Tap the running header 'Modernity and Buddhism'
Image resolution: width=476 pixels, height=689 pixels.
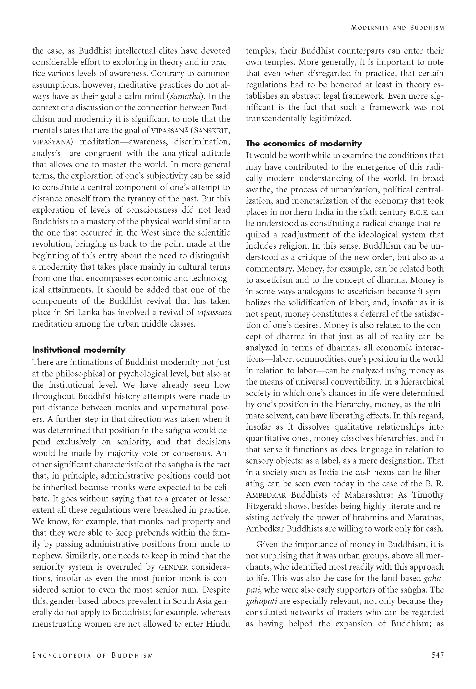[x=397, y=28]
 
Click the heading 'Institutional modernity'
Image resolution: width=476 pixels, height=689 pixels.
[x=79, y=350]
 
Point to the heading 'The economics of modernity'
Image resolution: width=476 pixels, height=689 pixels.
[x=304, y=144]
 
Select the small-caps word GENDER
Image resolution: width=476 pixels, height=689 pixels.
[x=174, y=567]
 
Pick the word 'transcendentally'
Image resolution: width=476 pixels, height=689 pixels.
[x=276, y=119]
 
